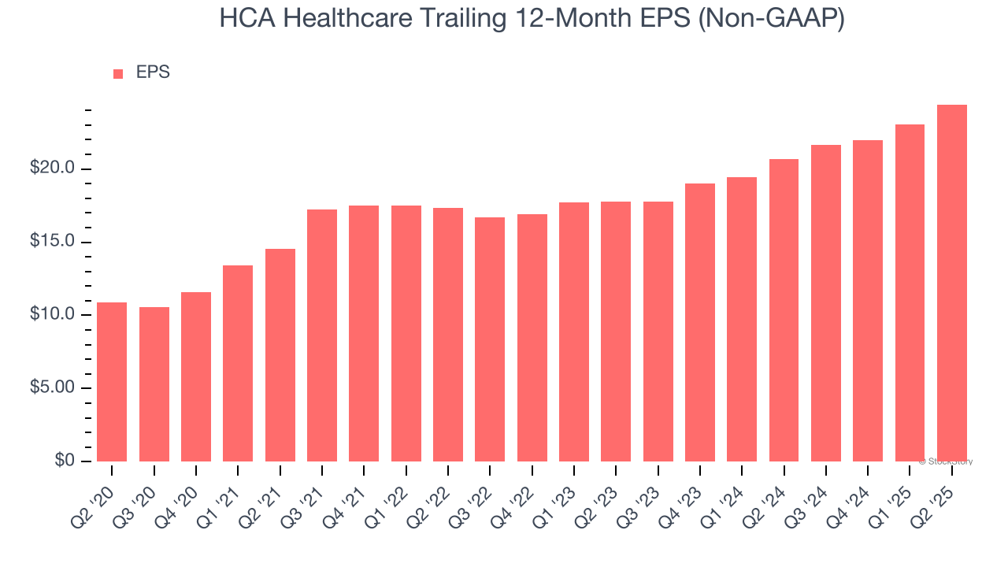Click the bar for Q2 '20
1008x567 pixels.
[112, 382]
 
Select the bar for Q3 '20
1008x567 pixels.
[154, 384]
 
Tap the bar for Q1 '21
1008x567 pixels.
[238, 363]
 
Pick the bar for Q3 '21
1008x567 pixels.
[322, 335]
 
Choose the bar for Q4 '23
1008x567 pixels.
[700, 322]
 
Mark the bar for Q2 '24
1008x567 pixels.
[784, 310]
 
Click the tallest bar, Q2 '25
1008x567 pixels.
[952, 283]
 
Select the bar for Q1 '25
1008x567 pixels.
[910, 293]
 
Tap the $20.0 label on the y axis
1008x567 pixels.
[53, 169]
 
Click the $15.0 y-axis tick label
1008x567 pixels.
[53, 242]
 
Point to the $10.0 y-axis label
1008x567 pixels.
[53, 315]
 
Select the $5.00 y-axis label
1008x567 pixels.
[53, 388]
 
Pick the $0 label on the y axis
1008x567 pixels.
[65, 461]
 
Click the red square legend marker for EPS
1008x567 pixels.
[118, 74]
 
